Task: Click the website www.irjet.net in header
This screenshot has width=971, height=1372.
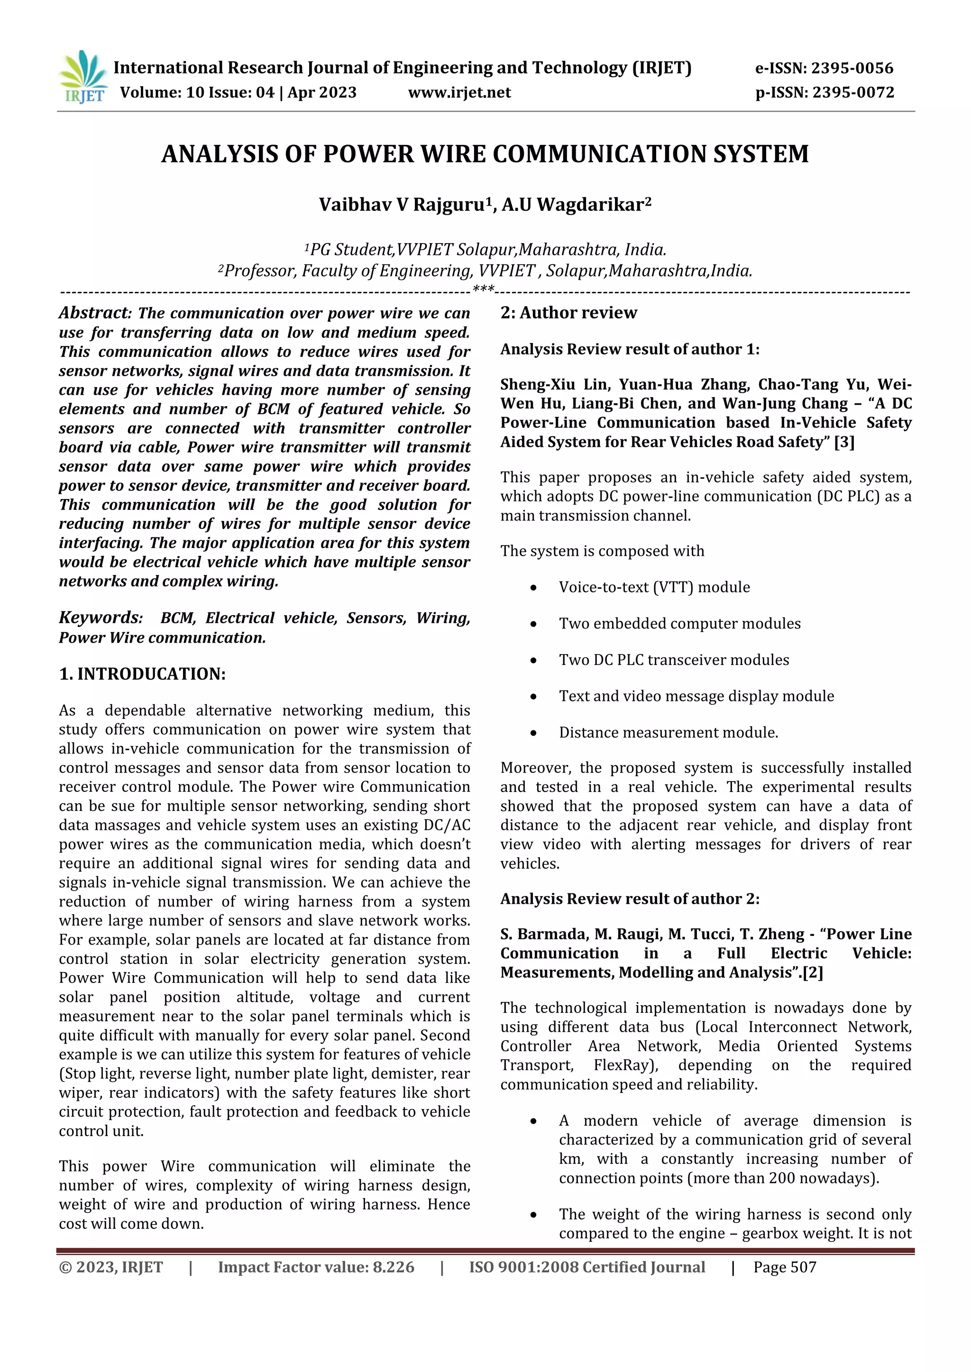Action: [x=459, y=92]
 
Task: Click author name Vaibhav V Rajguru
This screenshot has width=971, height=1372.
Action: [x=401, y=205]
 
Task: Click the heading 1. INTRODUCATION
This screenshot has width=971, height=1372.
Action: [x=142, y=674]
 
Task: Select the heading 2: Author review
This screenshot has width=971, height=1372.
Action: [x=568, y=313]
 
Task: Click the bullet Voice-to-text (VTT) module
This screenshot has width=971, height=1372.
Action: [x=654, y=587]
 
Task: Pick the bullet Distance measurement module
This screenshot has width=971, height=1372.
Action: [x=669, y=733]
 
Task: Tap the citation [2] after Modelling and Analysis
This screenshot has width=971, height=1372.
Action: [x=813, y=973]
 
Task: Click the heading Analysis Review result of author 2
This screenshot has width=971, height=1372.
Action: [x=630, y=899]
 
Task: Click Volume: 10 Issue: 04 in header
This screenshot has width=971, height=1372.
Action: [x=197, y=92]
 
